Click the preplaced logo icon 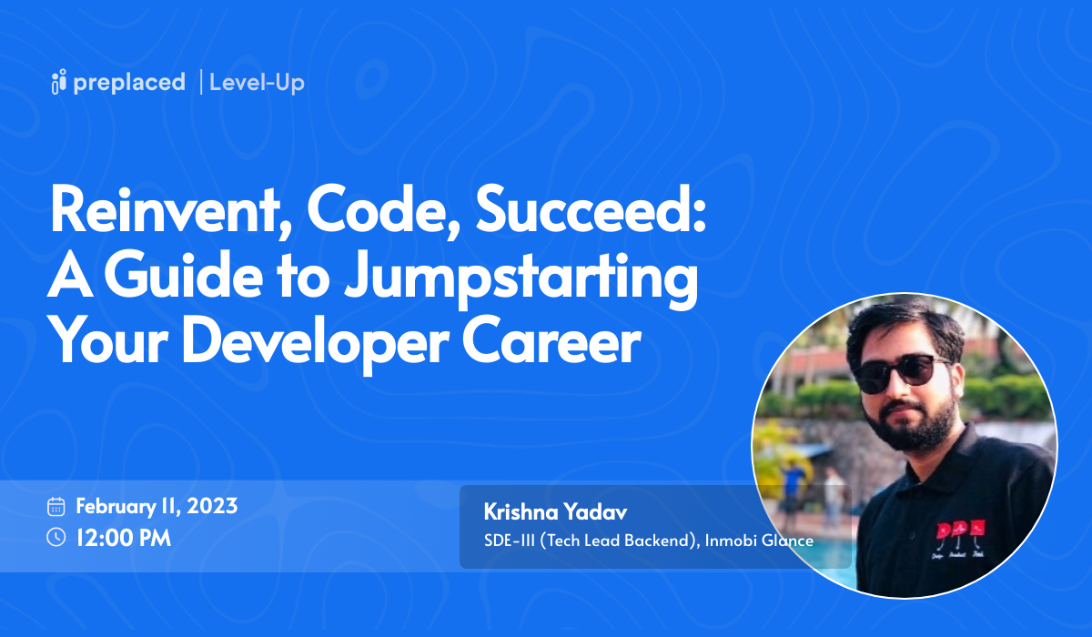coord(59,82)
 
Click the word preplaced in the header coord(129,83)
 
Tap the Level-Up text coord(257,83)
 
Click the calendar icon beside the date coord(56,507)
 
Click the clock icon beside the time coord(56,538)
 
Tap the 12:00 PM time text coord(124,538)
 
